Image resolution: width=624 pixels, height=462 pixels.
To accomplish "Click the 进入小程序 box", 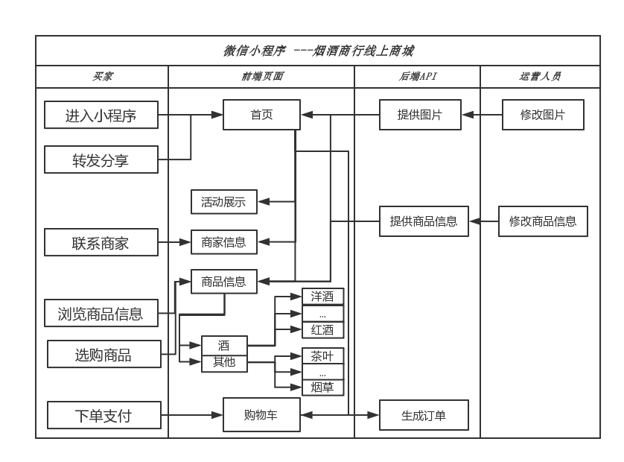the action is (x=101, y=115).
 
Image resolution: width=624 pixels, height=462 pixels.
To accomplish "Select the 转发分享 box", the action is (x=101, y=159).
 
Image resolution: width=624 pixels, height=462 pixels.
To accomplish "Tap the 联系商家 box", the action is (x=101, y=242).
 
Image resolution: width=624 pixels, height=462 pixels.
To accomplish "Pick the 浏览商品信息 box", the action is (x=101, y=313).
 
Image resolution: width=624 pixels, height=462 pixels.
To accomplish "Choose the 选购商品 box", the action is (x=104, y=354).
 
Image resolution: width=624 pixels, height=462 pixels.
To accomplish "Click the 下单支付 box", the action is (x=104, y=415).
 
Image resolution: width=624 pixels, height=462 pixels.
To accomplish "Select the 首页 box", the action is (x=261, y=115).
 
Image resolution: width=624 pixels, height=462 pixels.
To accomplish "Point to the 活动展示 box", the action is (x=223, y=202).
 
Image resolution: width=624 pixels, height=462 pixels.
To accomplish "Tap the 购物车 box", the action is (x=261, y=414).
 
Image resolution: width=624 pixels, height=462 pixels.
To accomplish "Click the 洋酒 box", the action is (x=322, y=297).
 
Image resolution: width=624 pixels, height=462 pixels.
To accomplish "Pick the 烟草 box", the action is (x=322, y=387).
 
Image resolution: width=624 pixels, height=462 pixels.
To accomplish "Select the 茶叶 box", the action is (x=322, y=355).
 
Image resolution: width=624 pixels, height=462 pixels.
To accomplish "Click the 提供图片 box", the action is (x=420, y=115).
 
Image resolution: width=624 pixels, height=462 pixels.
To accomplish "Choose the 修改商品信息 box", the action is (x=543, y=221).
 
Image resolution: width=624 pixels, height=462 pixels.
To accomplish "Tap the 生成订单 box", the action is (x=424, y=415).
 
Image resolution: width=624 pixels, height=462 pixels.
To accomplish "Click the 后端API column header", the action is (x=418, y=76).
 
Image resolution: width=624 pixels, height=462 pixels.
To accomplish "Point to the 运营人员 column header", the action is (x=540, y=76).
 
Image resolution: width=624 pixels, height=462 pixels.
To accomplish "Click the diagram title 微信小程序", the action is (x=255, y=51).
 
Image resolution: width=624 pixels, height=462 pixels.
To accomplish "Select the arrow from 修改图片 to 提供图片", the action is (x=482, y=115).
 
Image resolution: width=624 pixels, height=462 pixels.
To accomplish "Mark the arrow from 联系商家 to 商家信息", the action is (x=174, y=242).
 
